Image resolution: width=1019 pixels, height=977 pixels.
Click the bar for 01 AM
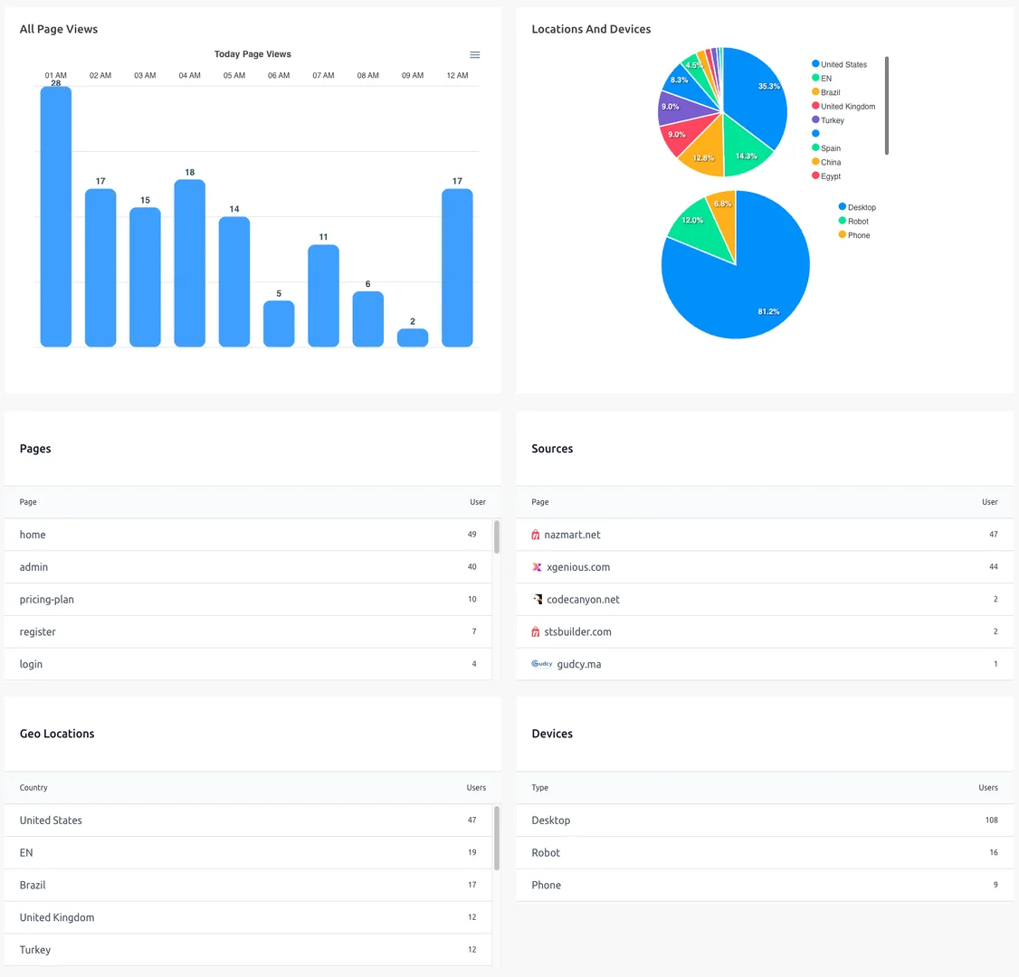(x=56, y=217)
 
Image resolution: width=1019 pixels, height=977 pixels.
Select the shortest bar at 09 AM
(x=413, y=337)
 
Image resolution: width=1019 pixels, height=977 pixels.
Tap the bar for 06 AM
(x=279, y=324)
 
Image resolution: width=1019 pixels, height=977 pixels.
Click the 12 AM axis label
(x=457, y=76)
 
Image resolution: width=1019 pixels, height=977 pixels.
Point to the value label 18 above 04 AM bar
(x=189, y=172)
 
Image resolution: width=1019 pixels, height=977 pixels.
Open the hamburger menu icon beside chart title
(x=474, y=55)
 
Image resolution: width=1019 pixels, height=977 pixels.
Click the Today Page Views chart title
(x=252, y=54)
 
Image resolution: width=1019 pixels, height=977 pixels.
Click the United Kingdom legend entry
(x=847, y=107)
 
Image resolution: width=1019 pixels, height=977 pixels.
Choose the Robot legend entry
(x=857, y=222)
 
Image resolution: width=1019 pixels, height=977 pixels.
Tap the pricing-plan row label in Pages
(x=47, y=600)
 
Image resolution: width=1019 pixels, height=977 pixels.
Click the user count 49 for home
(x=471, y=535)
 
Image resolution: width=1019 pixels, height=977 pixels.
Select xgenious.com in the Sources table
(x=578, y=567)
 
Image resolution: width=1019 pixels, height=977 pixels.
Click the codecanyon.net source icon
(x=537, y=600)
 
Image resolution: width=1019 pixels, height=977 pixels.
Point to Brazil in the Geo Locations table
(x=33, y=886)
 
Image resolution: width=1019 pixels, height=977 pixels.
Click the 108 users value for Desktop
(x=991, y=820)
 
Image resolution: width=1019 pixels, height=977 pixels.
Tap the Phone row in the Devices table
(x=547, y=886)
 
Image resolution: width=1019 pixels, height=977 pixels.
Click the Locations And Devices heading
(x=591, y=29)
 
